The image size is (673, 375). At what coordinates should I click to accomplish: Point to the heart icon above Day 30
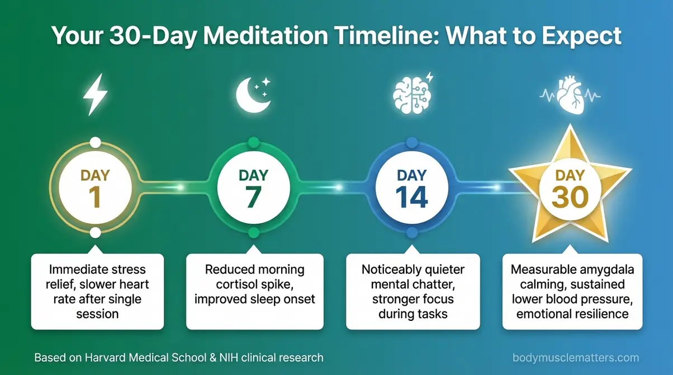[x=570, y=96]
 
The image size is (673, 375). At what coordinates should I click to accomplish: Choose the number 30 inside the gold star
[x=570, y=198]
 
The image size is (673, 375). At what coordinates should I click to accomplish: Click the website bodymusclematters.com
[x=575, y=358]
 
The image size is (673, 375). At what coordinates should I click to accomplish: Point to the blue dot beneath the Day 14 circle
[x=412, y=232]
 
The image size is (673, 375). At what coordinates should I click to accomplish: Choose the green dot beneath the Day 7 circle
[x=253, y=232]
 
